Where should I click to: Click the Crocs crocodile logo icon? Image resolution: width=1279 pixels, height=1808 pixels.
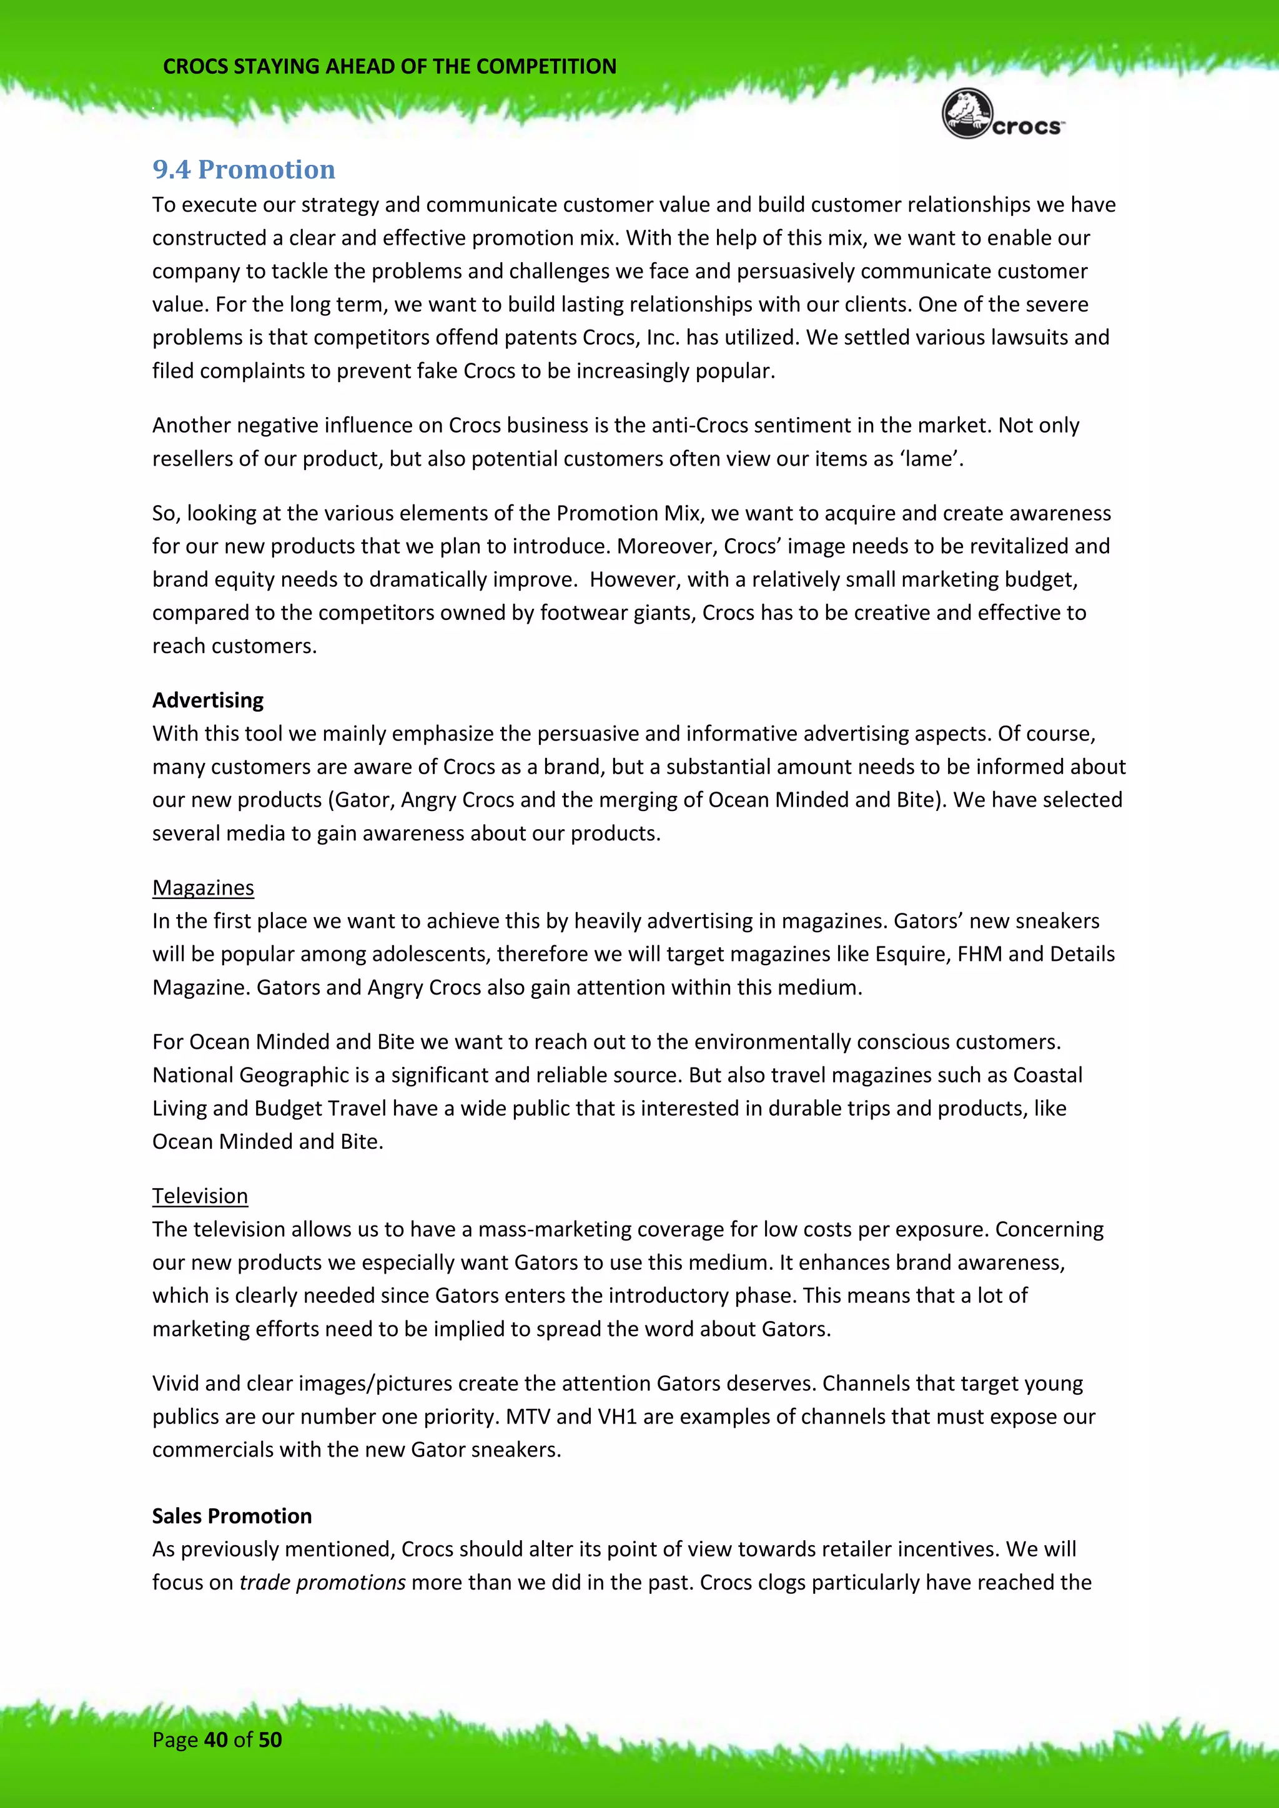coord(967,115)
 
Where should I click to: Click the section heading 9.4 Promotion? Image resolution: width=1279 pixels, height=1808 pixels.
coord(244,169)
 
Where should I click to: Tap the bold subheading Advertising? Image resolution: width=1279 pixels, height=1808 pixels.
coord(208,700)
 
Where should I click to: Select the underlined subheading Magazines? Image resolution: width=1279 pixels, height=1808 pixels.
coord(203,888)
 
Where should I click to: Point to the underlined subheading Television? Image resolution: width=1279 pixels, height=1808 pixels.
coord(200,1196)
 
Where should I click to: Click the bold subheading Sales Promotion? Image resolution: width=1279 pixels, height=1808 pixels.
coord(232,1516)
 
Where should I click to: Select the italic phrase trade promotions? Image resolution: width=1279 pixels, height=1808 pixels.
coord(322,1582)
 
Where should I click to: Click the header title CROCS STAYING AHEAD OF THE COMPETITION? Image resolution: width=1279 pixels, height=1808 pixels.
coord(389,66)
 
